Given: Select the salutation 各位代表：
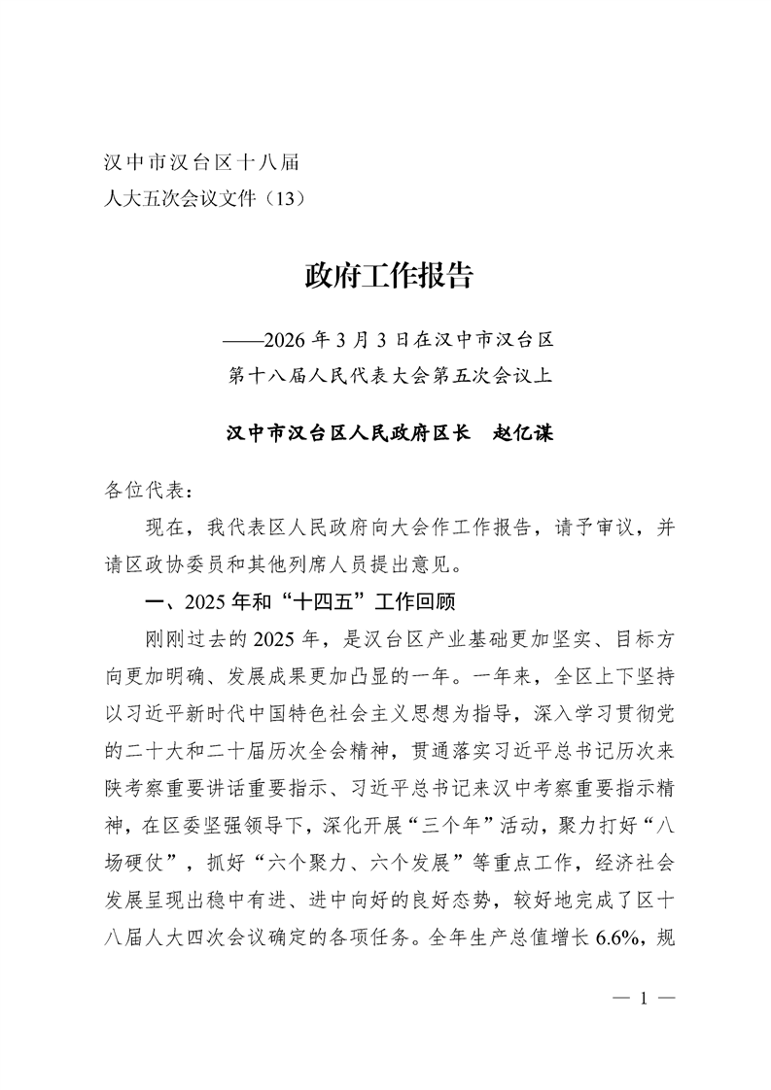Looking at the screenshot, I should click(141, 489).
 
